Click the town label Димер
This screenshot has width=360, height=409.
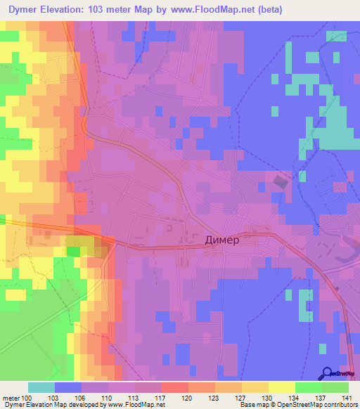222,240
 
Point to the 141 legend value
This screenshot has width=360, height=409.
347,398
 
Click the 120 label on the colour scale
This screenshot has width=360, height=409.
186,398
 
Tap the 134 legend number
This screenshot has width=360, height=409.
294,398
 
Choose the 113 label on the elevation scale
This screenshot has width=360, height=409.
133,398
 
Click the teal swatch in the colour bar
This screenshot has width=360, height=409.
41,387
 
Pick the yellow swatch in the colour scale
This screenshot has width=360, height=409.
281,387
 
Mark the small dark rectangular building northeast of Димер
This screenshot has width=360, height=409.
281,182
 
